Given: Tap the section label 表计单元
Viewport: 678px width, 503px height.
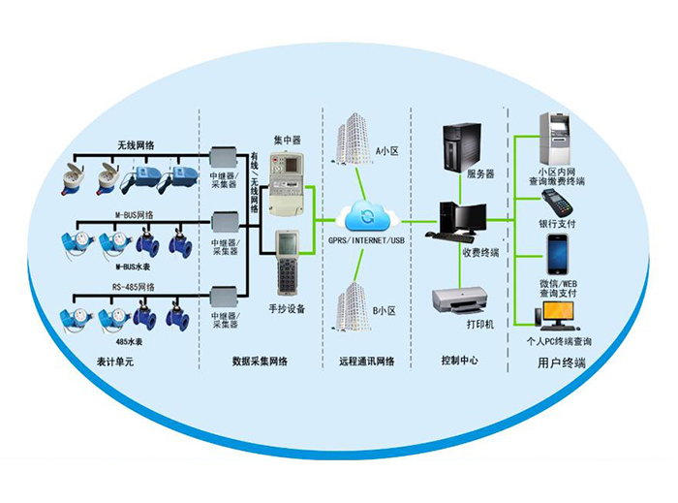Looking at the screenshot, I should tap(132, 362).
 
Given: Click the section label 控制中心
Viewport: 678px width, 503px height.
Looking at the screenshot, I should tap(459, 362).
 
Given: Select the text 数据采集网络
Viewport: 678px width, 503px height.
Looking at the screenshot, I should tap(266, 362).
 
